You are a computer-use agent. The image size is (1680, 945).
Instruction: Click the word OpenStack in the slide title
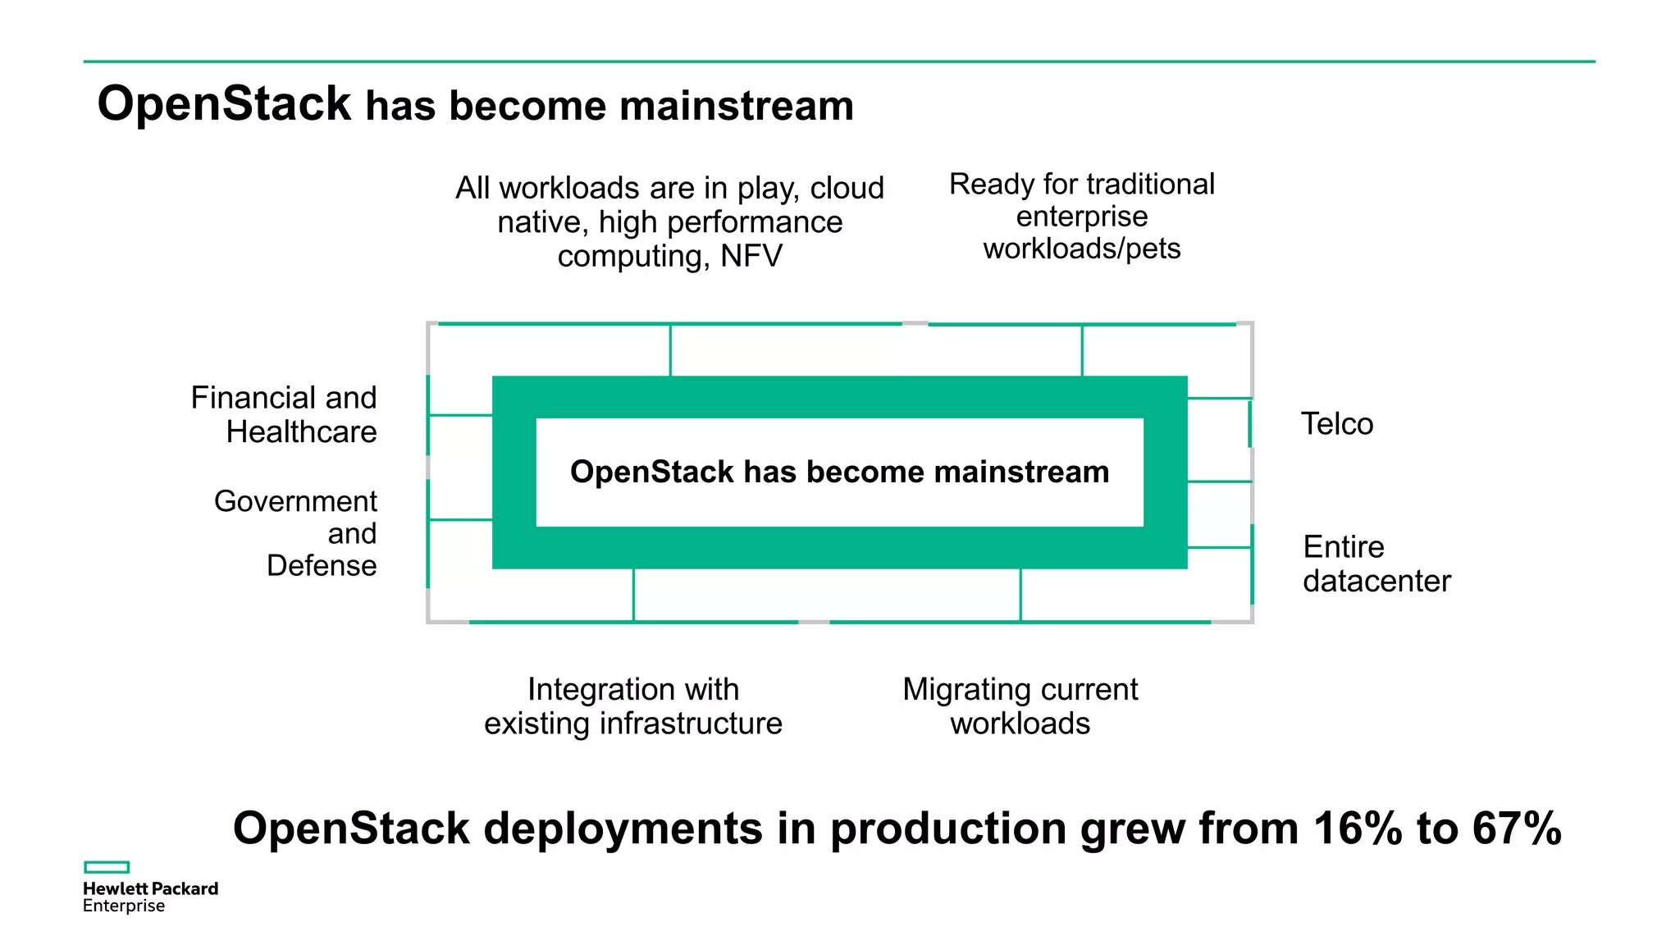click(223, 104)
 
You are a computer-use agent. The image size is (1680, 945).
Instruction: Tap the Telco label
click(1336, 424)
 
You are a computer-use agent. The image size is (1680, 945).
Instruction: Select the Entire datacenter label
click(1376, 564)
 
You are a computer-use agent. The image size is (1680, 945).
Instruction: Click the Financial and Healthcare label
click(284, 414)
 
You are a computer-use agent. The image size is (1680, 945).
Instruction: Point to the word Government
click(295, 501)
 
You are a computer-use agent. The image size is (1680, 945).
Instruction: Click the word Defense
click(322, 565)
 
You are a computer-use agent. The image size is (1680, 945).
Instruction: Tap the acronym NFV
click(751, 256)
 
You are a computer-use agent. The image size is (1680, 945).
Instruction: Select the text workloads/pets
click(1081, 248)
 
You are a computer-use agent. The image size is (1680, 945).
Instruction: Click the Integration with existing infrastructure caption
click(632, 705)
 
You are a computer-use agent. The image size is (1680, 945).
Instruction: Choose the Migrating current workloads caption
click(1020, 705)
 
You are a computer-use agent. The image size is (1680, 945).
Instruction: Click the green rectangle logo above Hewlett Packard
click(107, 867)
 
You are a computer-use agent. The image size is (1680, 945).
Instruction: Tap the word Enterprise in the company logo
click(124, 906)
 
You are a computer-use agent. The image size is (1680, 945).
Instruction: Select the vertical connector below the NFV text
click(670, 350)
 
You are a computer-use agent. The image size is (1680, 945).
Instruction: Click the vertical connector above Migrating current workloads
click(1020, 595)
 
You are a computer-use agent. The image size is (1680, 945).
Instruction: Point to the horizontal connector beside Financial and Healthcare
click(460, 415)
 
